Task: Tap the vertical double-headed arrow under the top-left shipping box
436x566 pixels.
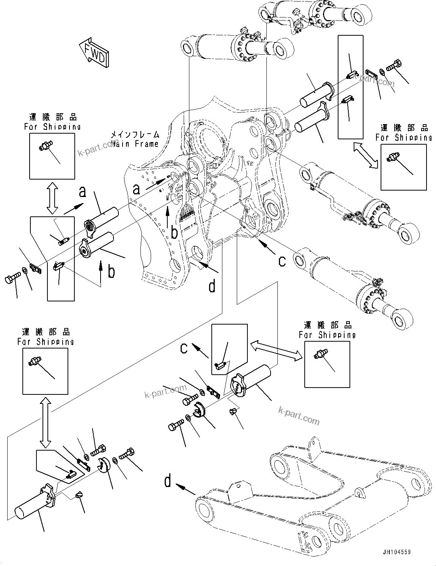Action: pyautogui.click(x=52, y=197)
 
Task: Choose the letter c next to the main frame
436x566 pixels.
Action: pyautogui.click(x=282, y=261)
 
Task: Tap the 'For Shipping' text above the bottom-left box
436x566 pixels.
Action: pyautogui.click(x=46, y=341)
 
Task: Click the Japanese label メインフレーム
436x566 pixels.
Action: pyautogui.click(x=135, y=134)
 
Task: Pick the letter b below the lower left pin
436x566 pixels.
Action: pyautogui.click(x=111, y=272)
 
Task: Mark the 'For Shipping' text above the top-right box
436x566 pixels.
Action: pyautogui.click(x=404, y=137)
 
